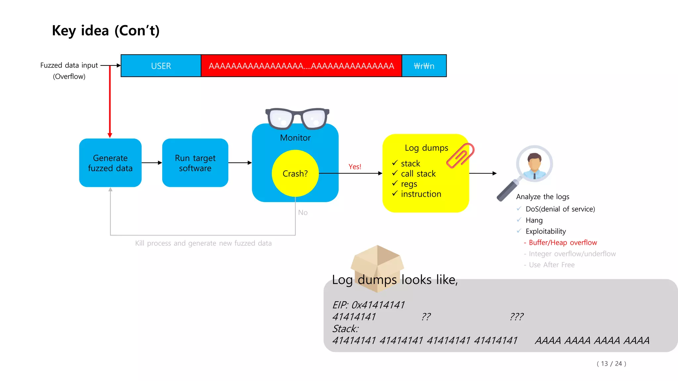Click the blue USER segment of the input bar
[161, 66]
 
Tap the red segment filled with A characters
[301, 66]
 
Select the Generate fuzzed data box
[110, 163]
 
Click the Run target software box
[195, 163]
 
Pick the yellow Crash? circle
[295, 173]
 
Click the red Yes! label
[355, 167]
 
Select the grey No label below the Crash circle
[303, 213]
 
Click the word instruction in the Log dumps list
[421, 194]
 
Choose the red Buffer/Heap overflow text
[562, 243]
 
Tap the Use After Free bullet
[552, 265]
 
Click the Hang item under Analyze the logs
[534, 220]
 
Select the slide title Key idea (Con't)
[106, 31]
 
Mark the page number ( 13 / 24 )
[611, 363]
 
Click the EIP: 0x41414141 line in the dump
[368, 305]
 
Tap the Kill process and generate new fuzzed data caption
[203, 243]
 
